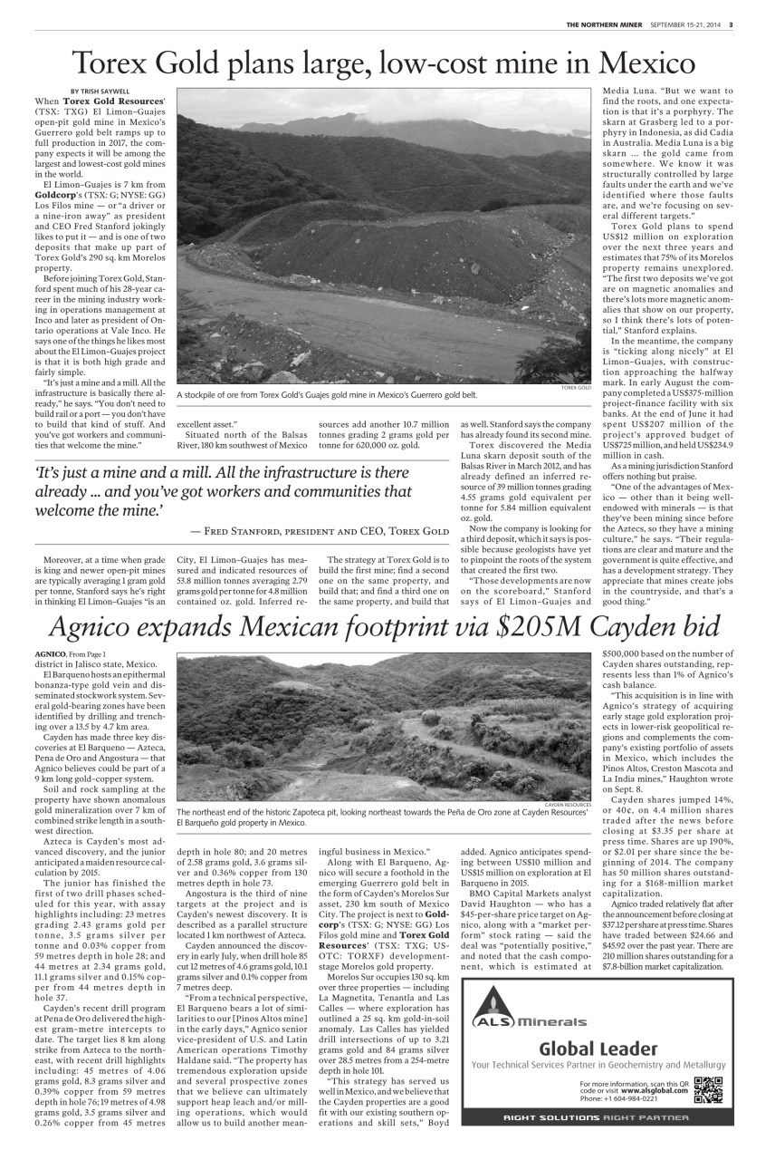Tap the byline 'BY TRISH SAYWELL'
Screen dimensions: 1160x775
(100, 91)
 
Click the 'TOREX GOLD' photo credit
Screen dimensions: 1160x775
(577, 387)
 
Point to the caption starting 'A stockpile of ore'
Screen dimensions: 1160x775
(327, 395)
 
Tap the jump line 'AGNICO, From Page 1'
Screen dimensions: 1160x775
(71, 653)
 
